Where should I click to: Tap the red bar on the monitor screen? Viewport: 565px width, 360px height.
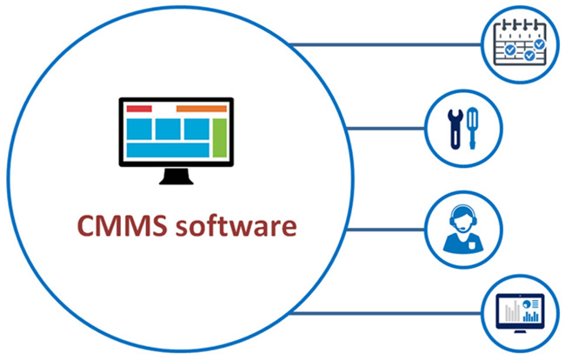139,109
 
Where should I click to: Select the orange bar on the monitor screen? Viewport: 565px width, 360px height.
202,109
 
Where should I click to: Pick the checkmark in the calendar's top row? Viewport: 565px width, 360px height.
540,41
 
